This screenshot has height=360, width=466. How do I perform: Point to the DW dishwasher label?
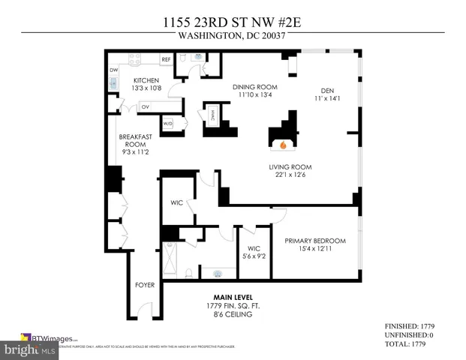point(114,70)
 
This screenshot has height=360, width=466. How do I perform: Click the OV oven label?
point(143,106)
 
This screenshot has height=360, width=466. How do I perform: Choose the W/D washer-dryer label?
point(167,123)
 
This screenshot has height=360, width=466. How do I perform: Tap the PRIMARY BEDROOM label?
point(314,240)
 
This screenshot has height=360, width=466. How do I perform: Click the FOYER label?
point(145,285)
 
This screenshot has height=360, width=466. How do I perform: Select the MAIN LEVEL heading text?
point(231,297)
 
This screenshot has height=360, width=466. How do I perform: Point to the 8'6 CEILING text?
point(231,314)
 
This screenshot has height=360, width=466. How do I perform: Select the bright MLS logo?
point(29,350)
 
